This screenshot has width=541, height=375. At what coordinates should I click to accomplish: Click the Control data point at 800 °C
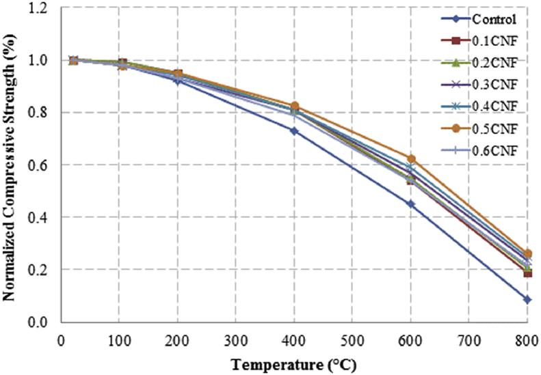coord(527,299)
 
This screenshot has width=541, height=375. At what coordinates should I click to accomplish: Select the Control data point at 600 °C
coord(411,204)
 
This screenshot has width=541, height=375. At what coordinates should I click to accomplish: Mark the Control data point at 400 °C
coord(295,130)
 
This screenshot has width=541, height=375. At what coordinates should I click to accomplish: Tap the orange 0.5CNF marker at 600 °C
coord(411,158)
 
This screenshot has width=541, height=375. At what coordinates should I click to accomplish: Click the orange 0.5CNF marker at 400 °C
coord(295,106)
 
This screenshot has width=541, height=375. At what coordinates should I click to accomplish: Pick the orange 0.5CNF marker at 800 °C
coord(527,253)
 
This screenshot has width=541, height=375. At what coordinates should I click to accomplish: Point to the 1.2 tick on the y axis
coord(44,8)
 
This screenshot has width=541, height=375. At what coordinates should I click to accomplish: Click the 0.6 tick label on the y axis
coord(44,165)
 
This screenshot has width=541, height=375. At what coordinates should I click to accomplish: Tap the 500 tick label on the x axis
coord(352,339)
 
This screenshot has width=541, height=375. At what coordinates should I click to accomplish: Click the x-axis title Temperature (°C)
coord(293,362)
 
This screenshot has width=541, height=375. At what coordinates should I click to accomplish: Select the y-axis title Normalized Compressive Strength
coord(12,164)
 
